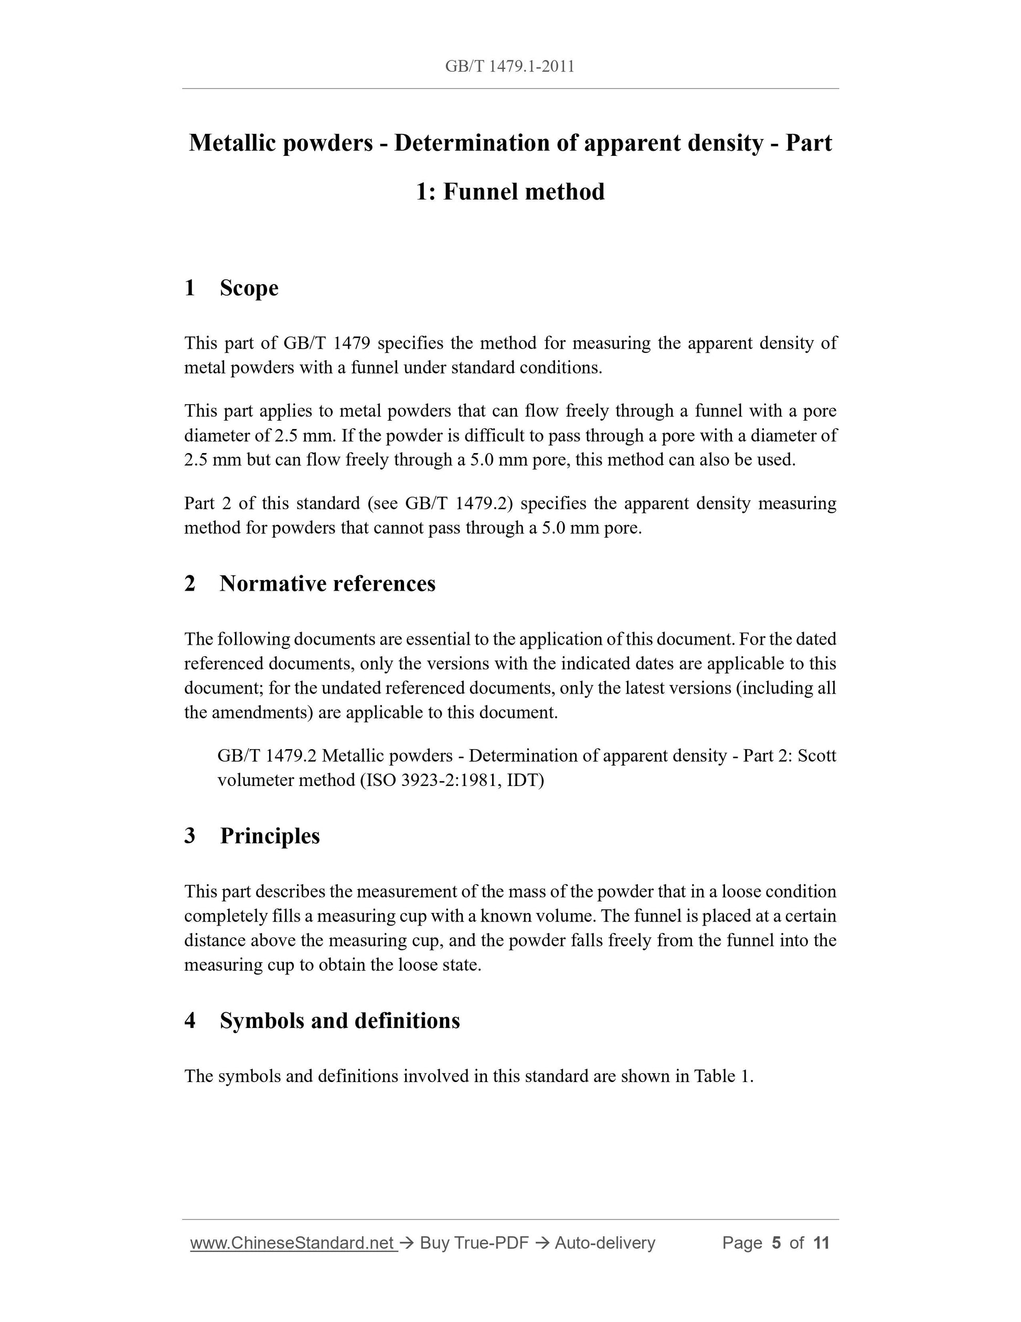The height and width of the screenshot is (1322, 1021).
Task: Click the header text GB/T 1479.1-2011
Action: pos(509,66)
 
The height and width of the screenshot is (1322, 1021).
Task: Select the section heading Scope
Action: pos(249,288)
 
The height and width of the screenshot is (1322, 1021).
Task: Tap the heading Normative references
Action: pos(327,583)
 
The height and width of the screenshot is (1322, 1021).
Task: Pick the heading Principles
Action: pos(270,836)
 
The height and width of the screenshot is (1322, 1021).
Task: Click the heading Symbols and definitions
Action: pos(339,1021)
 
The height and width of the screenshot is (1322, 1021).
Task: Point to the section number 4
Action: pos(190,1021)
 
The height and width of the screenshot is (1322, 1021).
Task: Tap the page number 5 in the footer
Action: pos(776,1243)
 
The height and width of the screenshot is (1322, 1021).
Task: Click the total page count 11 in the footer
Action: pos(821,1243)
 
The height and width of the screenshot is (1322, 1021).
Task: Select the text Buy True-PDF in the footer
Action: pos(474,1243)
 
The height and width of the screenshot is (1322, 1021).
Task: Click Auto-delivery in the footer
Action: pos(605,1243)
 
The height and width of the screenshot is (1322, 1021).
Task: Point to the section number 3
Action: pos(190,836)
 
